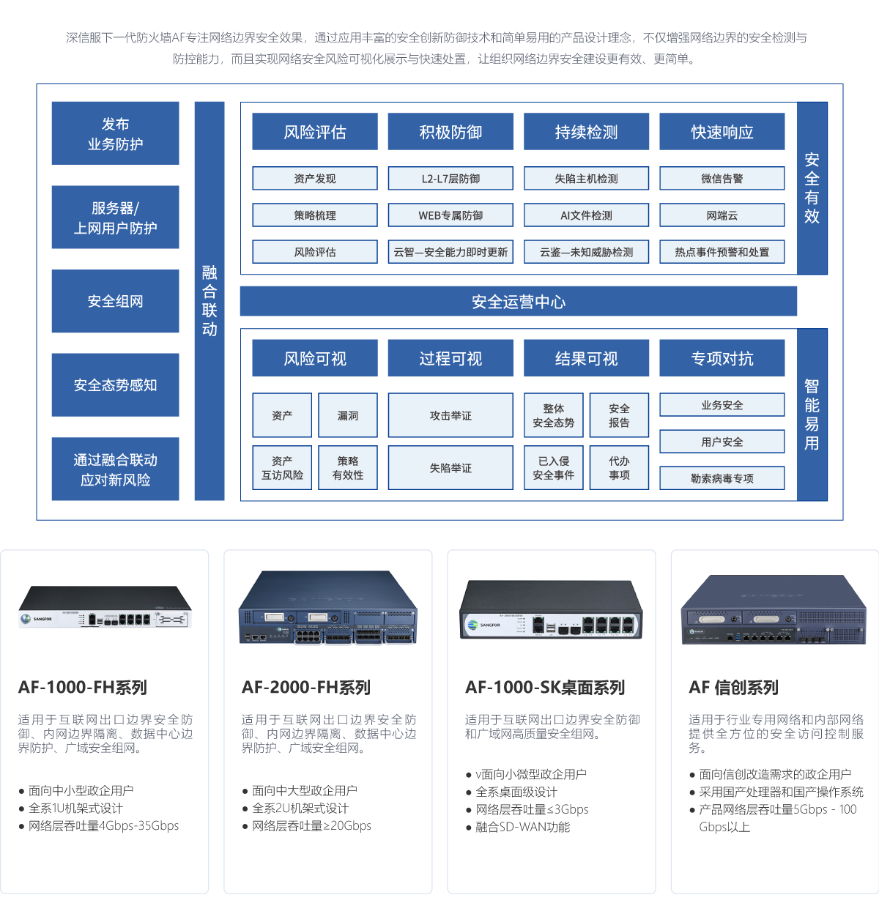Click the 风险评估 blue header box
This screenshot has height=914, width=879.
315,132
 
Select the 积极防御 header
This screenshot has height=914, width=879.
450,132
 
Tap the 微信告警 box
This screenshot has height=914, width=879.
722,179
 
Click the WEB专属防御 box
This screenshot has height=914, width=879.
450,215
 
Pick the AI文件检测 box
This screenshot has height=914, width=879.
586,215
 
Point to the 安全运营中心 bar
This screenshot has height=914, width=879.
518,302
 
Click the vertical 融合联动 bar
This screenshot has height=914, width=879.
209,301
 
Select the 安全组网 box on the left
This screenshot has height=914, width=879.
115,301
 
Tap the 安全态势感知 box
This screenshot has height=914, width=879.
115,384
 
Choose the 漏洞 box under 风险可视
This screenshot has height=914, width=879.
348,415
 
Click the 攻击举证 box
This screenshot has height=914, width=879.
450,415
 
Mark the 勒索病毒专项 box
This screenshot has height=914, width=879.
722,478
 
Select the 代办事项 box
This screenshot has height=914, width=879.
619,468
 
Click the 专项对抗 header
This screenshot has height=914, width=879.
722,358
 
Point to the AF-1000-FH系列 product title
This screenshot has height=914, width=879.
83,688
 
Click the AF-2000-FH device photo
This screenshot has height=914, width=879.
327,606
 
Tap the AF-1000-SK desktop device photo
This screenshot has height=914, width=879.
551,606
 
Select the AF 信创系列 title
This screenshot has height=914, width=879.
733,688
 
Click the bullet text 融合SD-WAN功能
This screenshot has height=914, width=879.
522,827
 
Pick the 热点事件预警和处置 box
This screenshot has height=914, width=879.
722,252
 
